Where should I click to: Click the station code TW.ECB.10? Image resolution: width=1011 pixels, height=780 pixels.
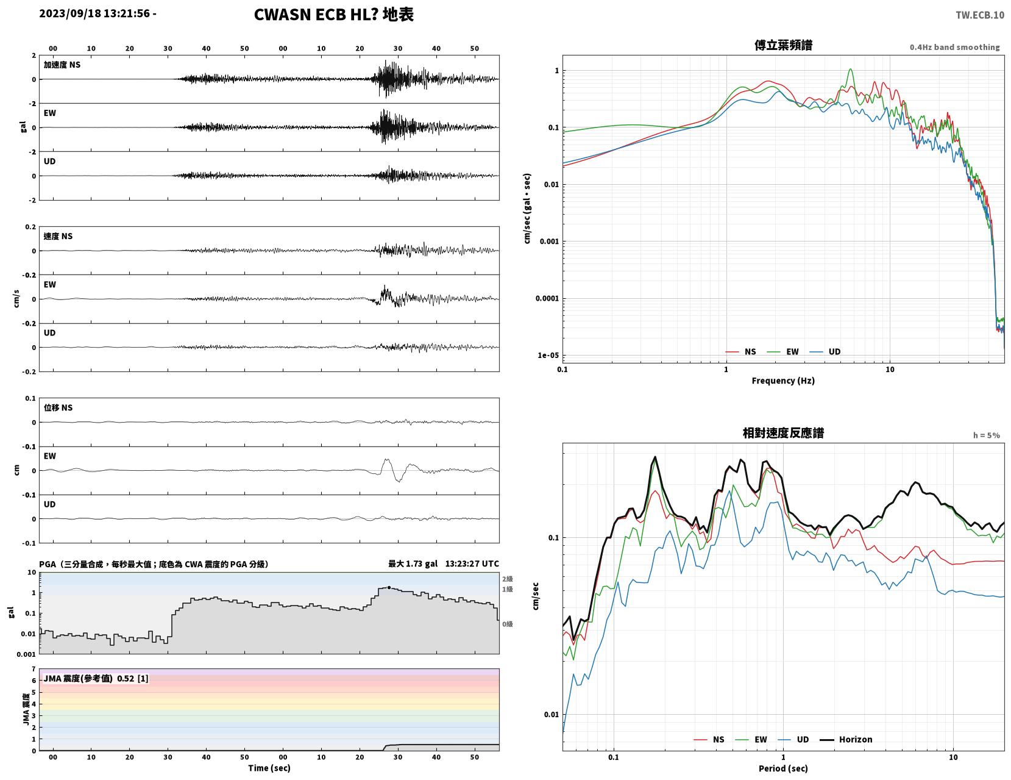979,15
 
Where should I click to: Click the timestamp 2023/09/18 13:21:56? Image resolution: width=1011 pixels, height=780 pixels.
94,13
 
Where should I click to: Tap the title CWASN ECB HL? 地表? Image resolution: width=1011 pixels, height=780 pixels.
333,15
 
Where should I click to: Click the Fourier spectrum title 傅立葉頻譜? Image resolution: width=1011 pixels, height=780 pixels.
782,45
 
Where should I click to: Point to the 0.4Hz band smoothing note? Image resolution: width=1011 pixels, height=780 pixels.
954,47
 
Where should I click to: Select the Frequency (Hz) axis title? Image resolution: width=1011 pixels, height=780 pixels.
782,380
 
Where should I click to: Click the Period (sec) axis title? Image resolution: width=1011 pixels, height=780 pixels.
782,768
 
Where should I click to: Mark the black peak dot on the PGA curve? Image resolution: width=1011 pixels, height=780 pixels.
389,587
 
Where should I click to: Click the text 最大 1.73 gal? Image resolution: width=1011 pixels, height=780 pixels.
413,564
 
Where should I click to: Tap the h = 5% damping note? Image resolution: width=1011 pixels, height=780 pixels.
986,435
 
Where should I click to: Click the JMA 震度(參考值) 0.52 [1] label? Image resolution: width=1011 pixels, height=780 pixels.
96,678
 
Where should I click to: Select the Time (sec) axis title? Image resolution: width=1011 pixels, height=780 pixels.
269,768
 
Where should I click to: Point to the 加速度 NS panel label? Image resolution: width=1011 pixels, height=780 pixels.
62,65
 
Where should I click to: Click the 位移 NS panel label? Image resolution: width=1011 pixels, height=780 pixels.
58,407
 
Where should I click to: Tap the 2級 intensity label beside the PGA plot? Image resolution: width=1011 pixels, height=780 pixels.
507,579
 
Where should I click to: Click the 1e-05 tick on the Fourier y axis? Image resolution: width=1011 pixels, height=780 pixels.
548,355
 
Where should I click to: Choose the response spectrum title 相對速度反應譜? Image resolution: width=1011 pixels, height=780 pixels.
782,433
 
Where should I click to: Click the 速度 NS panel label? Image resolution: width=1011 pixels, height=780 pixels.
58,236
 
